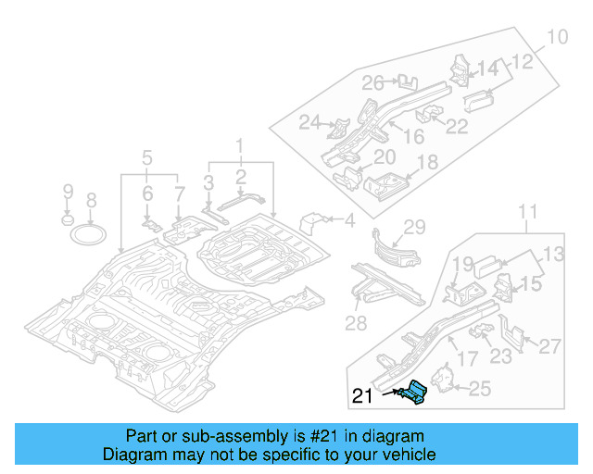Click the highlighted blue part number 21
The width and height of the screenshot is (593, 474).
(413, 392)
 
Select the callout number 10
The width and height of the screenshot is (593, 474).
(556, 38)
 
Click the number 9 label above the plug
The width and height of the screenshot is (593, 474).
(67, 192)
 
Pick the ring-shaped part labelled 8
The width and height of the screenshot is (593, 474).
(90, 231)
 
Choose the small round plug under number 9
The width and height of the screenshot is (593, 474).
(67, 221)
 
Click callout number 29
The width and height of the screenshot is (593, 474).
(414, 227)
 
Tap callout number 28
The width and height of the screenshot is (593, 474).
(357, 321)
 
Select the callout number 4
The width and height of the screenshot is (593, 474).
(349, 220)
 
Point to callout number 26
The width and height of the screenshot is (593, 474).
(372, 84)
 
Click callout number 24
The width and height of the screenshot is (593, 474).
(309, 122)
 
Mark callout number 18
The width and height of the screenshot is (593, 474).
(426, 164)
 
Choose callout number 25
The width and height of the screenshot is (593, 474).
(479, 389)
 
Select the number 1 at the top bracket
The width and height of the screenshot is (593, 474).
(239, 145)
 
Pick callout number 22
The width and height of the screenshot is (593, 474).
(457, 127)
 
